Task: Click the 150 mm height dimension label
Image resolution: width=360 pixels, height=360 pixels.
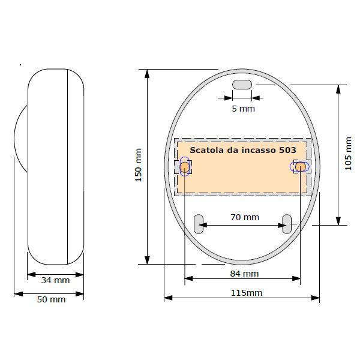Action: click(x=139, y=166)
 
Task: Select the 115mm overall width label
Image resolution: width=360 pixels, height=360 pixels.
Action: click(x=247, y=293)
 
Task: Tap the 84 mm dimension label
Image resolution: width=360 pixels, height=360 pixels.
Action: click(x=244, y=274)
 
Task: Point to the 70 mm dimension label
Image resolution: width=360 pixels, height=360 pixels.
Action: click(x=244, y=217)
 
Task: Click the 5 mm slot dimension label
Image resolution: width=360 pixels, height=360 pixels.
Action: click(x=243, y=109)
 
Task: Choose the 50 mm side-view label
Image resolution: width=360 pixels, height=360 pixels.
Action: click(x=51, y=299)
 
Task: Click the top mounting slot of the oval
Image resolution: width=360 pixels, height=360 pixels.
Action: click(x=242, y=85)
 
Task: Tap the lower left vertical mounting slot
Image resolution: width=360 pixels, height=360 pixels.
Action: click(x=198, y=224)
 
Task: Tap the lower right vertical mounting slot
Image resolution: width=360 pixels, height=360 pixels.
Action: click(x=287, y=224)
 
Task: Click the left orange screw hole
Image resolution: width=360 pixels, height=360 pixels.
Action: click(x=185, y=167)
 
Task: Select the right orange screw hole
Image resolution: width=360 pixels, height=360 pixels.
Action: click(x=301, y=166)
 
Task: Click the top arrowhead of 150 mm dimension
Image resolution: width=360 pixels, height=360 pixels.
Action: click(x=146, y=73)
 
